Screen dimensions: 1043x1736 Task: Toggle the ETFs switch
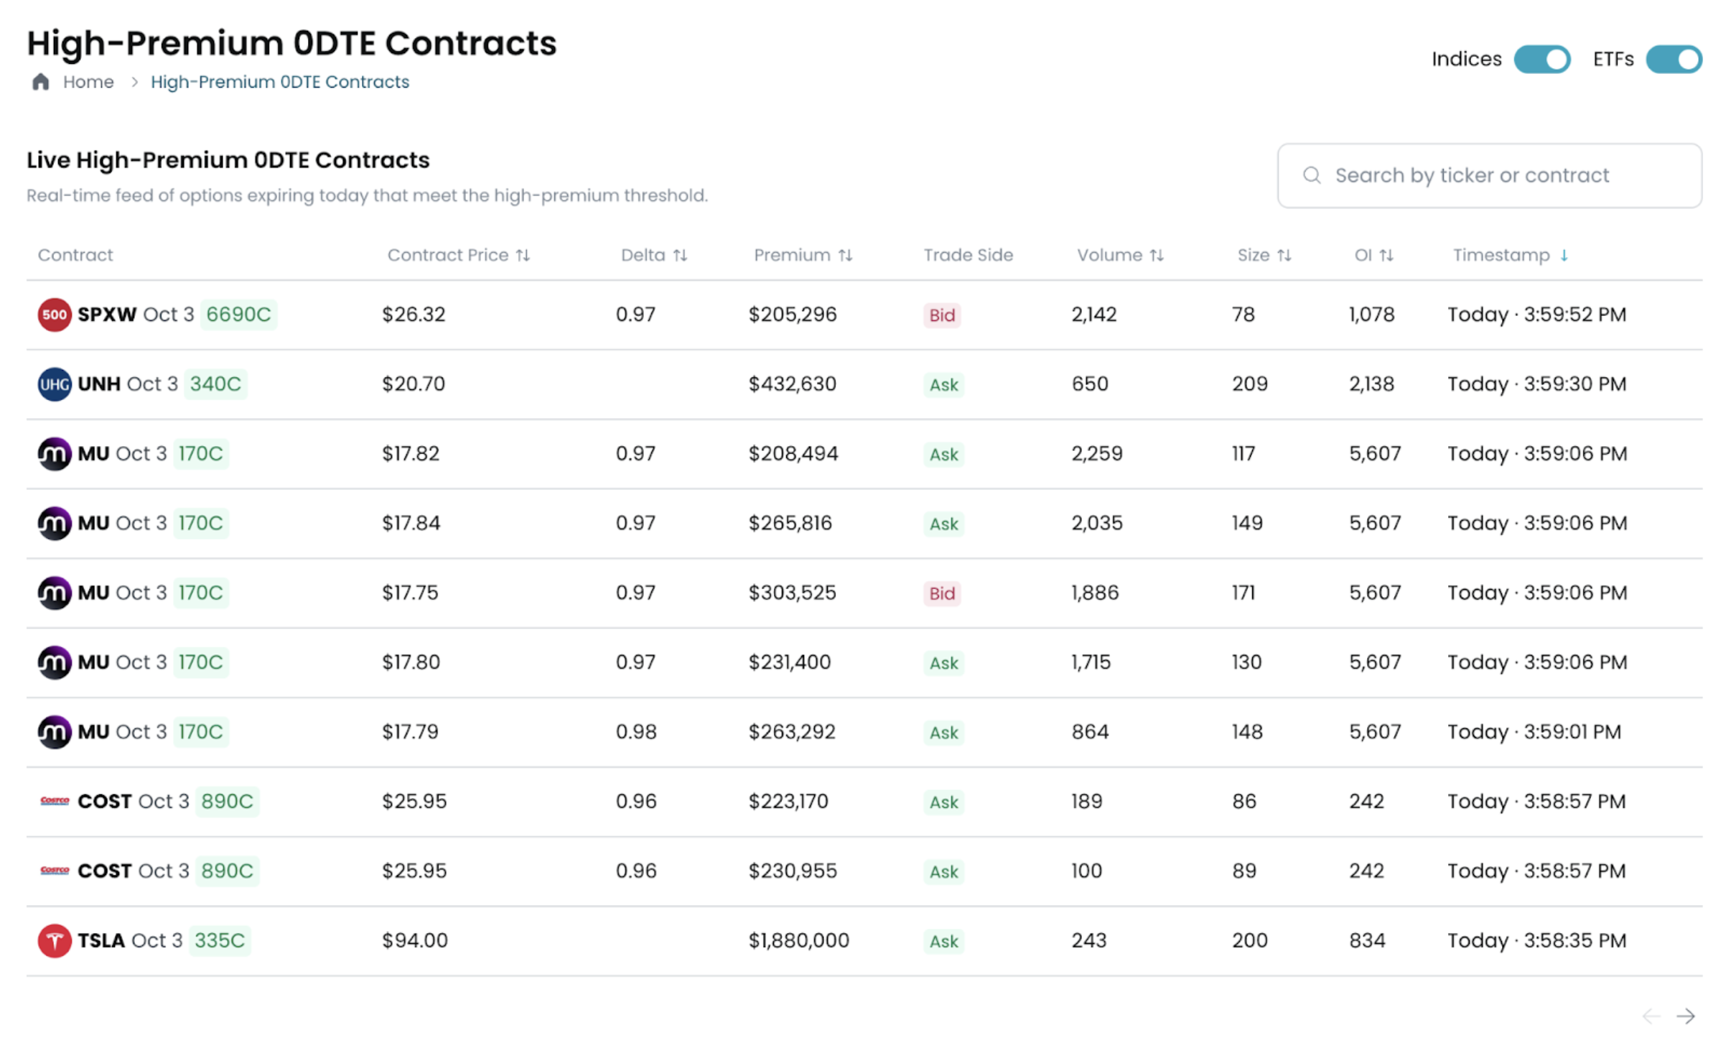point(1673,59)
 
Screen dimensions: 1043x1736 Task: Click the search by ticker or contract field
point(1489,175)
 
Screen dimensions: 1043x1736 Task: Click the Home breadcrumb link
point(88,82)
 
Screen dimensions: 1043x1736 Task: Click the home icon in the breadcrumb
point(41,82)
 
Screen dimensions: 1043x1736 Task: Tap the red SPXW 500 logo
point(55,315)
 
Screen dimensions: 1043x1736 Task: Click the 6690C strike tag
point(238,315)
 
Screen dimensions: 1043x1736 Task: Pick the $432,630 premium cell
point(792,384)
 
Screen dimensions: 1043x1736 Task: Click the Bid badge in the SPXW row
point(941,315)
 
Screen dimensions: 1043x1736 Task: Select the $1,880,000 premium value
point(798,940)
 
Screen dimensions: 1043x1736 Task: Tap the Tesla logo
point(55,940)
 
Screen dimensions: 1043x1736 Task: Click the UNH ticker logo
point(55,384)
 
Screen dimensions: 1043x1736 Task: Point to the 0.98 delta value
point(636,732)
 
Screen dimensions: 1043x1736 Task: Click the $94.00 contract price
point(414,940)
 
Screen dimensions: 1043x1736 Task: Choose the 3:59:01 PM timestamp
point(1534,732)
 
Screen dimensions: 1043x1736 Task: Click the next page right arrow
point(1685,1016)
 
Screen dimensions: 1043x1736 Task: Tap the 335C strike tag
point(220,940)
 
